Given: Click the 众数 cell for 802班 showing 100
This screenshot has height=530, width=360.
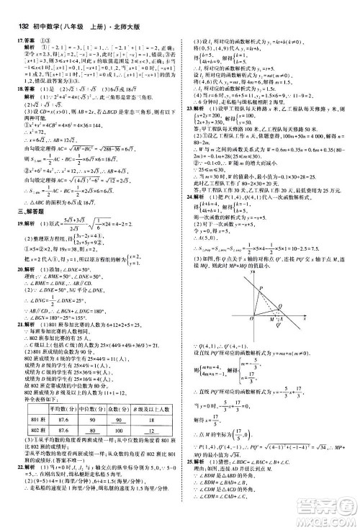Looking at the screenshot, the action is pos(116,451).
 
